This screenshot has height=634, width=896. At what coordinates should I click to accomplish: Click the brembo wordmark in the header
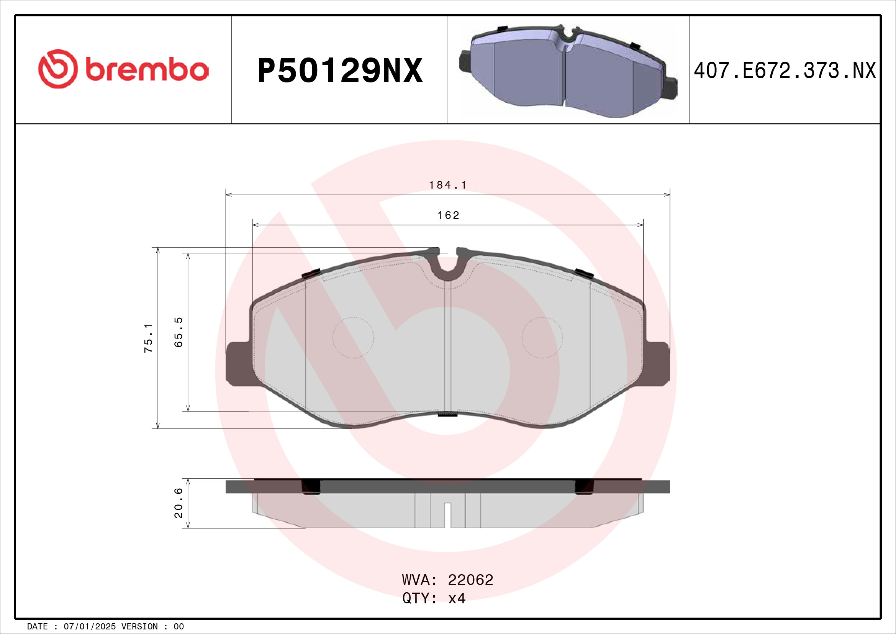point(147,70)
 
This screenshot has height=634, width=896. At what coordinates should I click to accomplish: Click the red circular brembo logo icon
point(58,69)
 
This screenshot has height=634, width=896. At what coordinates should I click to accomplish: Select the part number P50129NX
point(340,71)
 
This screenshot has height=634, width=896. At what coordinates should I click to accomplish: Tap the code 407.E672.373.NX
point(785,71)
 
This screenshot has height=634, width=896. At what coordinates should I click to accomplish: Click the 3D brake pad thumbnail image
point(568,71)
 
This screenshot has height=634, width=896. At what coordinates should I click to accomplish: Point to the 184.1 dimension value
point(447,185)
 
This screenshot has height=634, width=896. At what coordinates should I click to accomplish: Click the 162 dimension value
point(448,215)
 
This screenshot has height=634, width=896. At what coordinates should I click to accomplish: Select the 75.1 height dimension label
point(149,338)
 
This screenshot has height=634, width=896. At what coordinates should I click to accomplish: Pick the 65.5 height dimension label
point(179,332)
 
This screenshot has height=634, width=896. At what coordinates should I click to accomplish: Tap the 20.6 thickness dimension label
point(179,503)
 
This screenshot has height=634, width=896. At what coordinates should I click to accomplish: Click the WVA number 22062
point(470,580)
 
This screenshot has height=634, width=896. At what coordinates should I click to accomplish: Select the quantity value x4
point(457,598)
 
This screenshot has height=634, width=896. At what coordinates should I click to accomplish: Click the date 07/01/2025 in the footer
point(89,627)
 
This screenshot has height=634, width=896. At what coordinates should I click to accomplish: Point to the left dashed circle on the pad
point(353,338)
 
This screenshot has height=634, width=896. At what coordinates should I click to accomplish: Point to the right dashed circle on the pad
point(542,338)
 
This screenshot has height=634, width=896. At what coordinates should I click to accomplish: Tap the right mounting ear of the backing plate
point(658,364)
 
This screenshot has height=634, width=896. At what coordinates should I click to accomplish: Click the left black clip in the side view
point(311,486)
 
